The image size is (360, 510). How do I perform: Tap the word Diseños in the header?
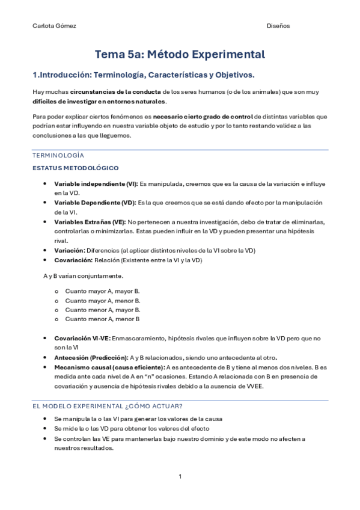(278, 26)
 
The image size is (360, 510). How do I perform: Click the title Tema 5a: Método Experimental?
(180, 55)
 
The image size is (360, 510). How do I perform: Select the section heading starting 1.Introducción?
(143, 75)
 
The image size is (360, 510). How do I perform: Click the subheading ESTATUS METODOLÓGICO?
(75, 168)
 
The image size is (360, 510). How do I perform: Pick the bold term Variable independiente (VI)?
(96, 183)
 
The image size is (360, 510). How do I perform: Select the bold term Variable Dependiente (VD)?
(95, 203)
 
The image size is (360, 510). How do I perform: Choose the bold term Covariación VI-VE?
(82, 338)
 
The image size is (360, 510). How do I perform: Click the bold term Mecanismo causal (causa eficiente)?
(109, 367)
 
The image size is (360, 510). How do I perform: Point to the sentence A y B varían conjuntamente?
(83, 275)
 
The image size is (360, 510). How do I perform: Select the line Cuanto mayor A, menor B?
(103, 300)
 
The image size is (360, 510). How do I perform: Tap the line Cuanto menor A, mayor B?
(103, 309)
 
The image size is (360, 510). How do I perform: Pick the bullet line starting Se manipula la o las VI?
(138, 419)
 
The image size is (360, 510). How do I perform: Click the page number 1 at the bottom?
(180, 477)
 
